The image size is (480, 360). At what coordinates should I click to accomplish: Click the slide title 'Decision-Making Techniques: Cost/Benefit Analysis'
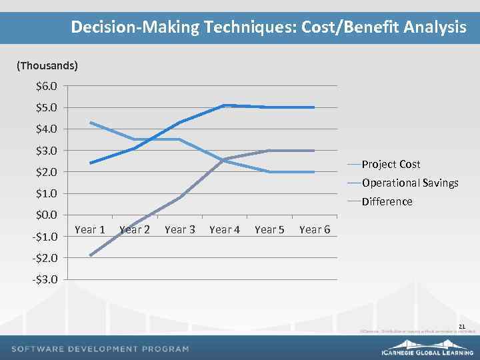click(x=268, y=27)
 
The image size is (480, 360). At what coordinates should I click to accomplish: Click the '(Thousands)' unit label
click(x=47, y=65)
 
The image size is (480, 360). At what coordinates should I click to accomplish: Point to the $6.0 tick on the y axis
click(x=47, y=86)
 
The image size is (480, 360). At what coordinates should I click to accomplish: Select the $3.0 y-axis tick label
click(x=47, y=151)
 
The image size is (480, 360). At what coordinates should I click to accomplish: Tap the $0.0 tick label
click(x=47, y=215)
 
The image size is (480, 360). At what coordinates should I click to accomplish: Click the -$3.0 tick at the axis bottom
click(x=45, y=279)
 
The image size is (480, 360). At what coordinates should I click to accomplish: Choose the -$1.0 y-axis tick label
click(x=45, y=237)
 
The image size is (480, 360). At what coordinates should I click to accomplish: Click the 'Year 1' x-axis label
click(x=90, y=230)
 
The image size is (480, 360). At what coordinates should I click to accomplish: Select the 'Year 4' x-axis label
click(x=225, y=230)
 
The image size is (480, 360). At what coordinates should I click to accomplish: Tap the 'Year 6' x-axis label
click(x=315, y=230)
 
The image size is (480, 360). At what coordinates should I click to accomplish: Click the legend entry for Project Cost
click(x=391, y=164)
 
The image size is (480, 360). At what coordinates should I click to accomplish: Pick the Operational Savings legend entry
click(x=409, y=183)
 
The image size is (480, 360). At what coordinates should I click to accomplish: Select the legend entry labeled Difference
click(x=387, y=201)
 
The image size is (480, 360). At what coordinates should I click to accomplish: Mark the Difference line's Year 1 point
click(x=90, y=255)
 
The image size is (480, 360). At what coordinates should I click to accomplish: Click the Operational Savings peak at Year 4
click(x=225, y=105)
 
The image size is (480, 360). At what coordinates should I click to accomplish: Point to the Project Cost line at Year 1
click(x=90, y=123)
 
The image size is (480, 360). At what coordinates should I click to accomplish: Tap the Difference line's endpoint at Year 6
click(x=314, y=151)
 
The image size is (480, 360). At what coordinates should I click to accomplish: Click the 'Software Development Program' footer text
click(x=100, y=349)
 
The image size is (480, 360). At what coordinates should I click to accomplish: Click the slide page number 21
click(x=463, y=325)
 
